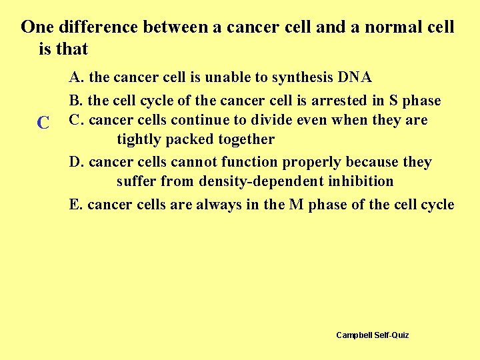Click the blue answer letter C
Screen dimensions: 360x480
coord(43,123)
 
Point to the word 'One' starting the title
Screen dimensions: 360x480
coord(37,27)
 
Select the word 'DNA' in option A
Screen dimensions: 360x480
coord(355,77)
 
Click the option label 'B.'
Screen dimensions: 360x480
coord(77,101)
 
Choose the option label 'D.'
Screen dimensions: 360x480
coord(77,162)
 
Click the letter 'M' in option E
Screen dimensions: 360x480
coord(297,205)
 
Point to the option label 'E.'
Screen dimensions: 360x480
coord(76,205)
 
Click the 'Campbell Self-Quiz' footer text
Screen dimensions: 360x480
coord(372,335)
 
